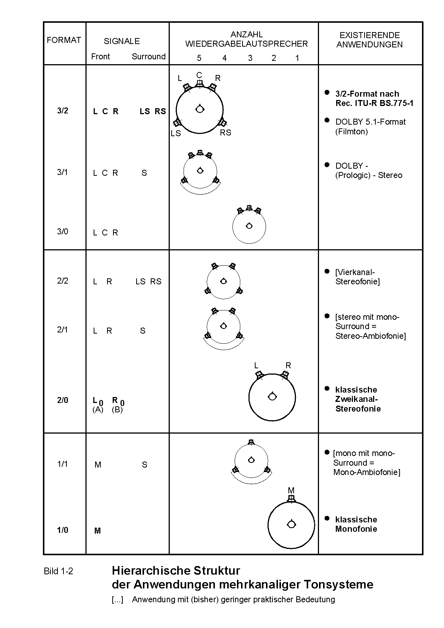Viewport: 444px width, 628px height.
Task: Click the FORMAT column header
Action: coord(64,40)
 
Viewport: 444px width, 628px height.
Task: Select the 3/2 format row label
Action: coord(63,111)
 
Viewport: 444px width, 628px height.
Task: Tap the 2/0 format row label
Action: coord(63,400)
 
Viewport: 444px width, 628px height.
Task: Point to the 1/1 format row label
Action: coord(63,464)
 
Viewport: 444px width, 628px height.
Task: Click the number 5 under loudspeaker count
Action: coord(199,58)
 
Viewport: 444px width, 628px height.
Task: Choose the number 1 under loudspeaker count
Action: coord(297,58)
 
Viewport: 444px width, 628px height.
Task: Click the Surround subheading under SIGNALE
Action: coord(148,57)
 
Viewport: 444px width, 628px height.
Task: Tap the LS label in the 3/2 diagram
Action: coord(176,134)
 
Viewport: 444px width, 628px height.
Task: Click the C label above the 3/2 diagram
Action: coord(199,75)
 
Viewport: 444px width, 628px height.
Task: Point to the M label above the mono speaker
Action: coord(291,491)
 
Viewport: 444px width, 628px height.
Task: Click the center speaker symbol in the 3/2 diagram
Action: coord(200,83)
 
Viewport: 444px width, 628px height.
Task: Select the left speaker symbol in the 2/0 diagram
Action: coord(259,375)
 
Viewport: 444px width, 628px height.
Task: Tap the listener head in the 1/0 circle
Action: coord(291,524)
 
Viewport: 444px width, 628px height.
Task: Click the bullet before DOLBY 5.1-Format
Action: coord(327,120)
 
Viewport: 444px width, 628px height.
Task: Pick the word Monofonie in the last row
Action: coord(356,529)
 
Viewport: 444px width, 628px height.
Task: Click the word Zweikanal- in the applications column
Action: coord(356,399)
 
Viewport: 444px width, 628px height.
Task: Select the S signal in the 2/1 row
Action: coord(143,331)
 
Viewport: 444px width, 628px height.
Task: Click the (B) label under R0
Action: coord(117,410)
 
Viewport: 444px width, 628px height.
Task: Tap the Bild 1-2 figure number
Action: coord(59,571)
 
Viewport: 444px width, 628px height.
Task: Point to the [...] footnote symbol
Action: coord(117,600)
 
